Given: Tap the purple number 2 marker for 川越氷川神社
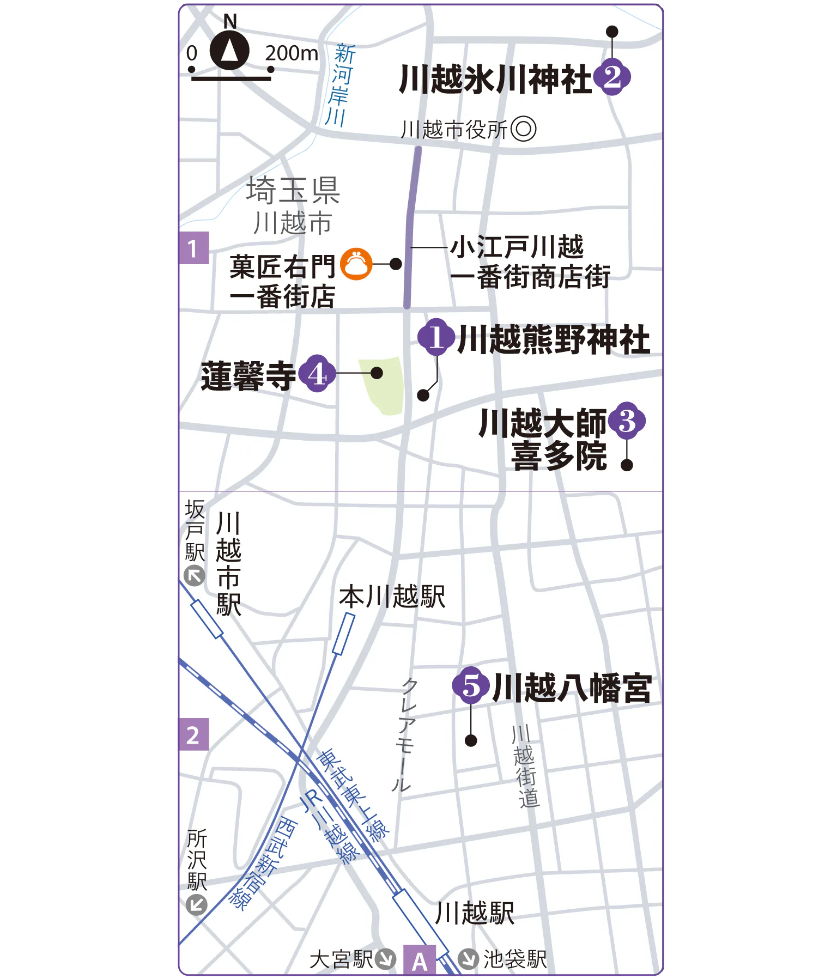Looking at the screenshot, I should pos(612,78).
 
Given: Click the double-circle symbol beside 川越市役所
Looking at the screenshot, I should pos(524,130).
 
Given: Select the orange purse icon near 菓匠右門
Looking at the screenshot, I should pos(356,264).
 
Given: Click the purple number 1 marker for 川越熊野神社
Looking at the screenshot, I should pos(436,337).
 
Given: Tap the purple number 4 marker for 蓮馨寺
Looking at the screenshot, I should pos(317,374).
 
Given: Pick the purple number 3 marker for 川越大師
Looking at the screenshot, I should pos(627,421).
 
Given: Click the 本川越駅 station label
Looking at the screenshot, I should pos(392,597).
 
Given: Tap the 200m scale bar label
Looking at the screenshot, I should pos(291,53).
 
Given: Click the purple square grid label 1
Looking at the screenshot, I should pos(193,248).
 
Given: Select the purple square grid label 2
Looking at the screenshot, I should pos(193,735).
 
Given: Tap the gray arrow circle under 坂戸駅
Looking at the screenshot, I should pos(195,576).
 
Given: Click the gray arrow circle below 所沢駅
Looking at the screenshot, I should pos(196,905).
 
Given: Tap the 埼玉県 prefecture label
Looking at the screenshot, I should pos(293,190).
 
